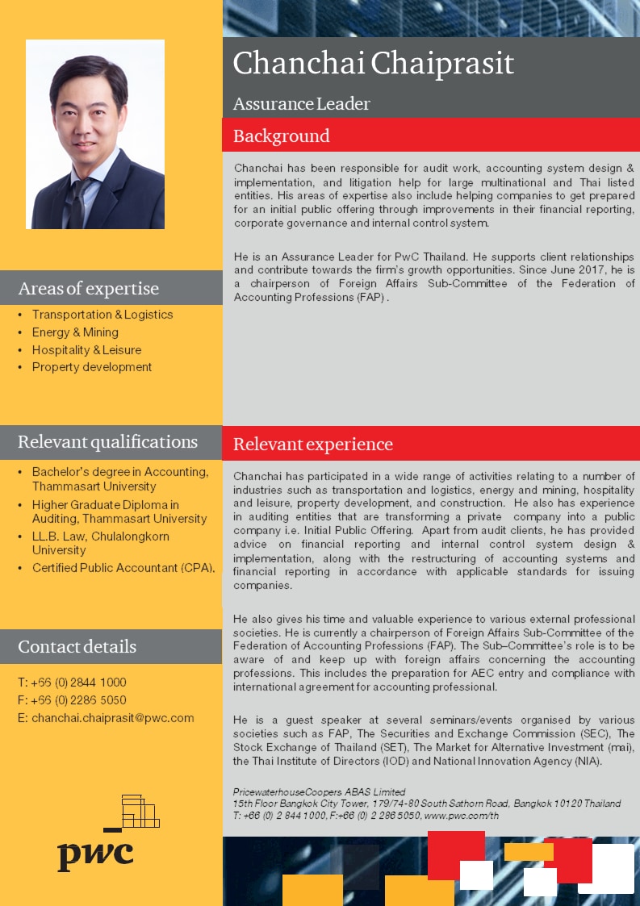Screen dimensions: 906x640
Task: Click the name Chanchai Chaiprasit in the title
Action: point(373,64)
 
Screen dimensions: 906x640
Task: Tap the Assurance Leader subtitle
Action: point(301,104)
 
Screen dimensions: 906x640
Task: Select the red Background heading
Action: point(281,136)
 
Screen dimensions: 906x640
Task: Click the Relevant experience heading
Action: point(312,445)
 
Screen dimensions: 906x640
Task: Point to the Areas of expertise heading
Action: point(88,289)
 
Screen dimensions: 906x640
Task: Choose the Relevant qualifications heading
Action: point(107,442)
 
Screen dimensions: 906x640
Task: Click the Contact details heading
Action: point(77,647)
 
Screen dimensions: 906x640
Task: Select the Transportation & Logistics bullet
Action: point(102,315)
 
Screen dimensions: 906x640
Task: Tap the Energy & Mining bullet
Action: point(75,332)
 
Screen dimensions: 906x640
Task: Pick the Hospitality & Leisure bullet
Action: point(86,350)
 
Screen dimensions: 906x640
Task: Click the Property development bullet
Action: point(92,367)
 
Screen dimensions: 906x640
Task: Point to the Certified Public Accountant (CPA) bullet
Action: point(123,568)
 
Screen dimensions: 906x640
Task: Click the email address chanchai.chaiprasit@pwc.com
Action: point(112,718)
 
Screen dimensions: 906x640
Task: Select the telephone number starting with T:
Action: point(72,683)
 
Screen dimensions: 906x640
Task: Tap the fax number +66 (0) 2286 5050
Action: point(79,700)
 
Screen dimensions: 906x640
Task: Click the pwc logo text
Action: point(94,854)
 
